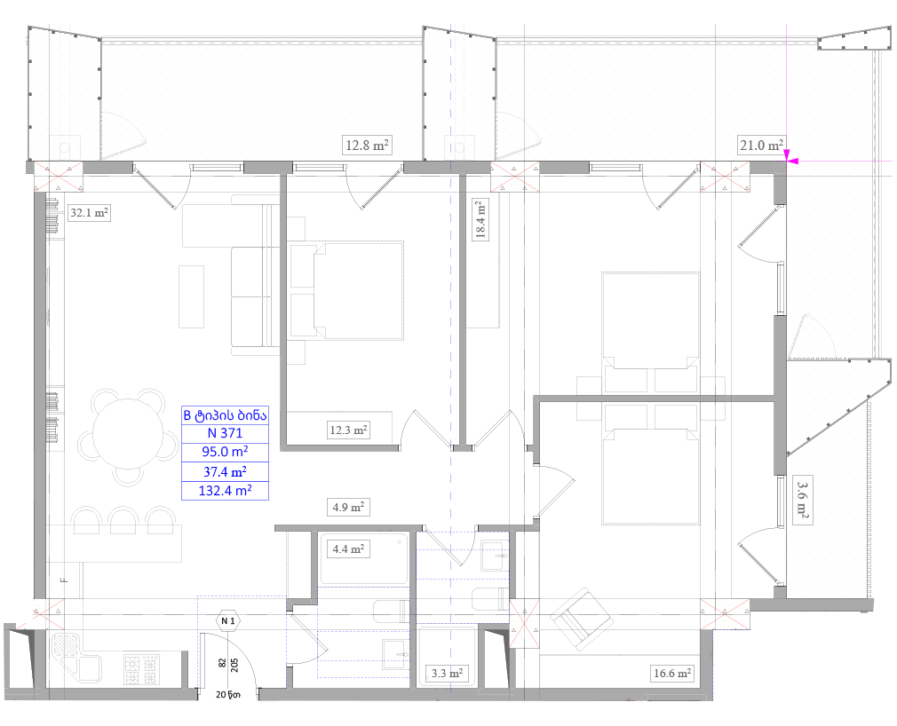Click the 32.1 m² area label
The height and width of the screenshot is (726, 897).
click(x=89, y=213)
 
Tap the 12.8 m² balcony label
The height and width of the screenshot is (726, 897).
click(x=367, y=146)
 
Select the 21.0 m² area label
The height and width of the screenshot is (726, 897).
click(x=761, y=146)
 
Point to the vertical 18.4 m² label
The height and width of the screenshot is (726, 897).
click(x=480, y=218)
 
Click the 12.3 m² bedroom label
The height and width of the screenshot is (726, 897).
click(x=348, y=430)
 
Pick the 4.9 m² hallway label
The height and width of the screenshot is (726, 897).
click(x=348, y=507)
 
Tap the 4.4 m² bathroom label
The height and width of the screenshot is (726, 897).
click(x=348, y=549)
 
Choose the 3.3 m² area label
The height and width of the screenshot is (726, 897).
click(x=447, y=674)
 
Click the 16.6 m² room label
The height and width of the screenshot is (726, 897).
click(x=672, y=674)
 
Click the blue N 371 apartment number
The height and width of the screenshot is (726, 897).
click(x=225, y=433)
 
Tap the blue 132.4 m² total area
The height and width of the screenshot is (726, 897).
click(x=225, y=491)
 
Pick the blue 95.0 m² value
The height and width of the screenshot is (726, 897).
click(x=225, y=452)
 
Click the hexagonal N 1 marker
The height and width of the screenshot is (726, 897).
click(x=228, y=620)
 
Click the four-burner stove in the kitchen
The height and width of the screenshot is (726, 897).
click(x=141, y=670)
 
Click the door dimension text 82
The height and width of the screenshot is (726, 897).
click(x=221, y=663)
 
